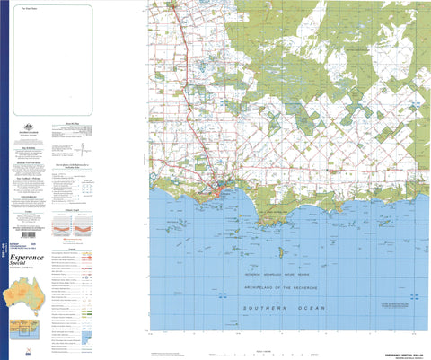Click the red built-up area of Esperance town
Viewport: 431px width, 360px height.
222,189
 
